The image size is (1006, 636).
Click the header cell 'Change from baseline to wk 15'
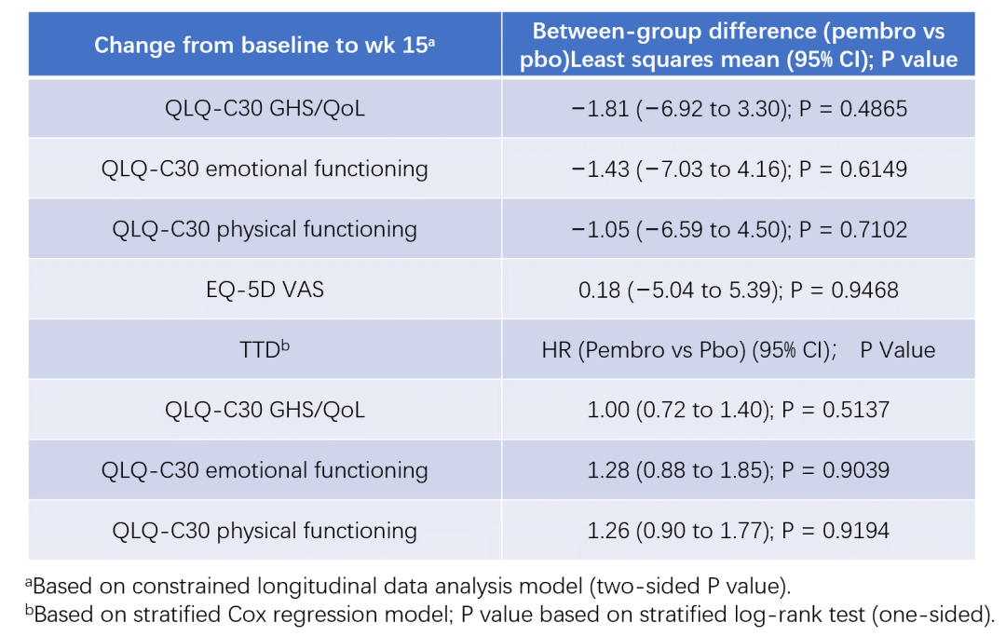265,45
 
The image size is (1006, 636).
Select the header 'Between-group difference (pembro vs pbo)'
738,45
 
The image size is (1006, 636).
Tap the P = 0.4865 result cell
738,109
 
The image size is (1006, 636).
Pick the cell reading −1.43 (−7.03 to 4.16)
738,169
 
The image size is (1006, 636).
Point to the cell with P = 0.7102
738,229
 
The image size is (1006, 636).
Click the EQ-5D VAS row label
265,290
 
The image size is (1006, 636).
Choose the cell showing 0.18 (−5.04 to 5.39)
738,290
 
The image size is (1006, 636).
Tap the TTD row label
265,350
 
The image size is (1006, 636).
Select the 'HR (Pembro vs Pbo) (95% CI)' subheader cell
738,350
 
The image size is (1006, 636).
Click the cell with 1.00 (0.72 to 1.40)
738,410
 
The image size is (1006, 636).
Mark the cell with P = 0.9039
738,470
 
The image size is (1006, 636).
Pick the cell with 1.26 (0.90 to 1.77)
738,531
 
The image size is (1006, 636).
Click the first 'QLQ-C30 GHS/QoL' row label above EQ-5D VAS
265,109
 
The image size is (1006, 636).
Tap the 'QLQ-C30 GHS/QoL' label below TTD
265,410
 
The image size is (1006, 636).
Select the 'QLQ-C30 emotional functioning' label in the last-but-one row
265,470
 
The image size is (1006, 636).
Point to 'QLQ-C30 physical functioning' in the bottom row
265,531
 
